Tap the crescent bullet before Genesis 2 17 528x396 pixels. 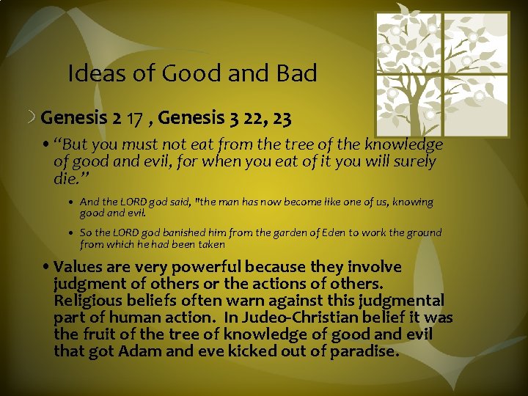[33, 117]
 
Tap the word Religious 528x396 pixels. [84, 300]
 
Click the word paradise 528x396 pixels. [362, 351]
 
